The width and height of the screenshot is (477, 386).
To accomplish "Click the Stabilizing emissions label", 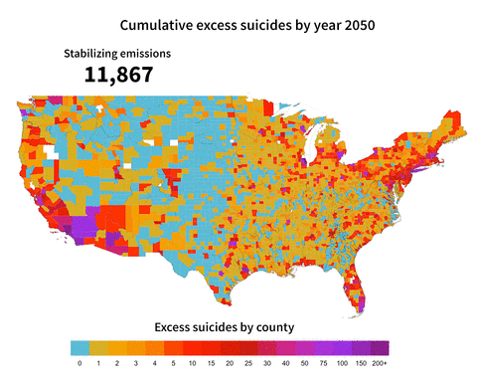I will coord(117,53).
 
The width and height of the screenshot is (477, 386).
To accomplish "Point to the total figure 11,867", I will coord(117,74).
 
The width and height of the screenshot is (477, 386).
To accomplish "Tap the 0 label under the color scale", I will coord(79,364).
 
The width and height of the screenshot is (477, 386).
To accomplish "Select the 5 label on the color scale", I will coord(173,364).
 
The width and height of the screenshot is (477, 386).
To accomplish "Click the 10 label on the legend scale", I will coord(192,364).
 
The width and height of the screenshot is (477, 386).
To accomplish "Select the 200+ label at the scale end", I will coord(380,364).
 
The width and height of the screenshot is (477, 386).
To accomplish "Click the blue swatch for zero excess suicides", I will coord(79,348).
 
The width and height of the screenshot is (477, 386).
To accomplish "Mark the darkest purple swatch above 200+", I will coord(380,348).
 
